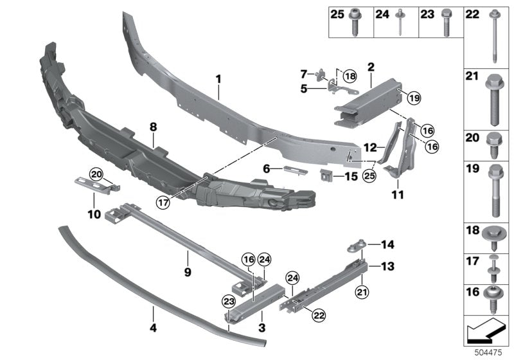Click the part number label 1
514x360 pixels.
218,79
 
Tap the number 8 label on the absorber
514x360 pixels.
154,128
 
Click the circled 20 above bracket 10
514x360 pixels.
96,174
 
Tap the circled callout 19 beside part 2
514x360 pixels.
412,98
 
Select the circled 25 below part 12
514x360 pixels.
369,174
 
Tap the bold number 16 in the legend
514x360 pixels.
472,292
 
